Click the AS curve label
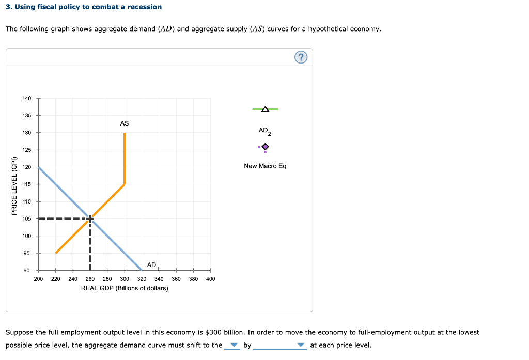click(x=125, y=123)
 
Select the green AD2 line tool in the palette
click(x=265, y=109)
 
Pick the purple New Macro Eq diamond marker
click(x=265, y=147)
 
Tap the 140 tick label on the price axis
click(x=27, y=98)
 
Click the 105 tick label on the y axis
click(x=27, y=219)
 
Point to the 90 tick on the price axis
click(x=27, y=271)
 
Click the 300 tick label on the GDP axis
click(x=125, y=279)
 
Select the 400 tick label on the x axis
click(x=210, y=279)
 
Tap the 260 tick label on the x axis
click(x=90, y=279)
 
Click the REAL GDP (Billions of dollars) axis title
click(x=125, y=288)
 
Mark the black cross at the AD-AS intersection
click(x=90, y=218)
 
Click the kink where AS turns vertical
click(x=125, y=184)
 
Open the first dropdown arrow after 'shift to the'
click(x=234, y=346)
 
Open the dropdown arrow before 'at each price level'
click(x=302, y=346)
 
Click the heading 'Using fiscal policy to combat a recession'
click(x=87, y=7)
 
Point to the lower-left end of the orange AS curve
click(x=56, y=253)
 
